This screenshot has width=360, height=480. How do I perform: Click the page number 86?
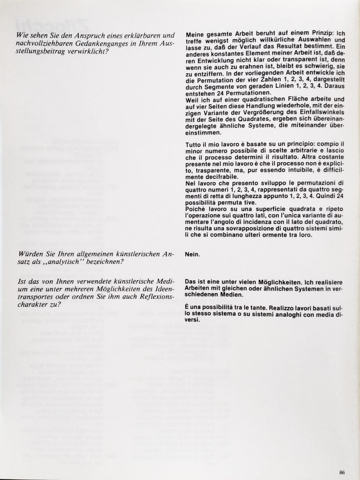pyautogui.click(x=342, y=456)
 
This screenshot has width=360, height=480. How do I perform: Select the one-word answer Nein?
pyautogui.click(x=192, y=253)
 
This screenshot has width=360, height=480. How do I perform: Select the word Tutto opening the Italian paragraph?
pyautogui.click(x=194, y=145)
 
